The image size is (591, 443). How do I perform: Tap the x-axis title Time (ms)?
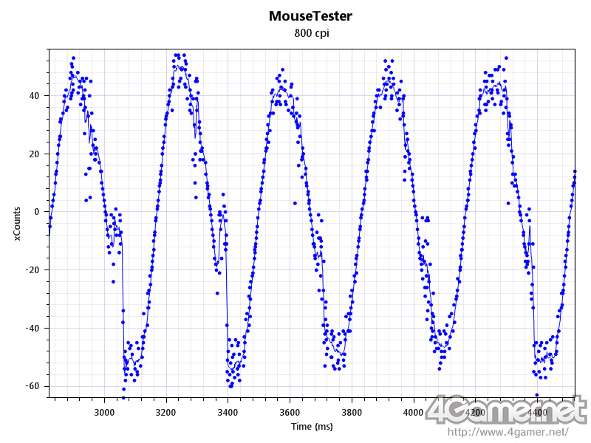pyautogui.click(x=311, y=427)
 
